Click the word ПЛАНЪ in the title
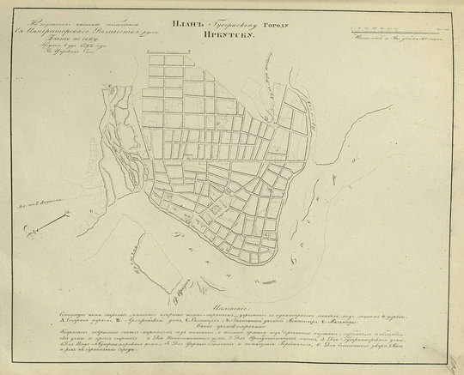[188, 25]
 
